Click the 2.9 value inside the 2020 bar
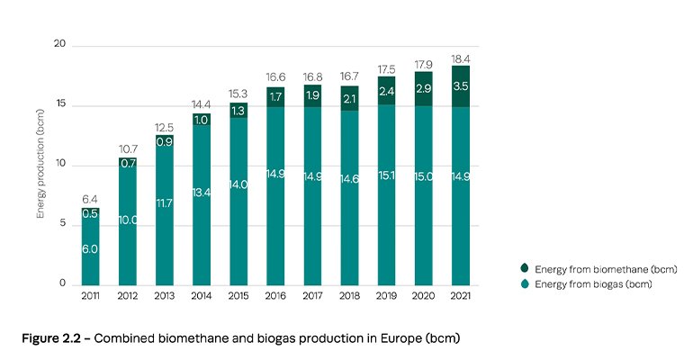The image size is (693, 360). click(424, 89)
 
